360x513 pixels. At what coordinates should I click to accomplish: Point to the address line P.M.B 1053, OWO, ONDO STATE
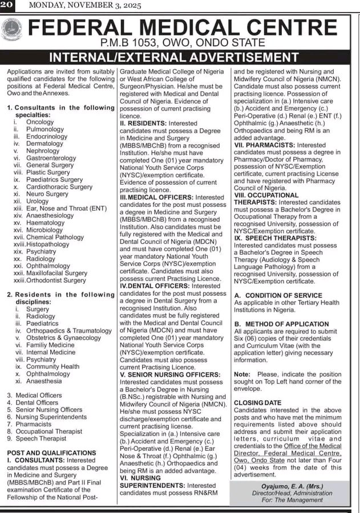click(x=181, y=43)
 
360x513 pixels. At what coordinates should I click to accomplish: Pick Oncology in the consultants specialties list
click(x=40, y=122)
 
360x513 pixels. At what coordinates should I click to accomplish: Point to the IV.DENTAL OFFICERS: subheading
click(x=148, y=286)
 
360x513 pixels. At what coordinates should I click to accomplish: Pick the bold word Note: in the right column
click(x=242, y=374)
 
